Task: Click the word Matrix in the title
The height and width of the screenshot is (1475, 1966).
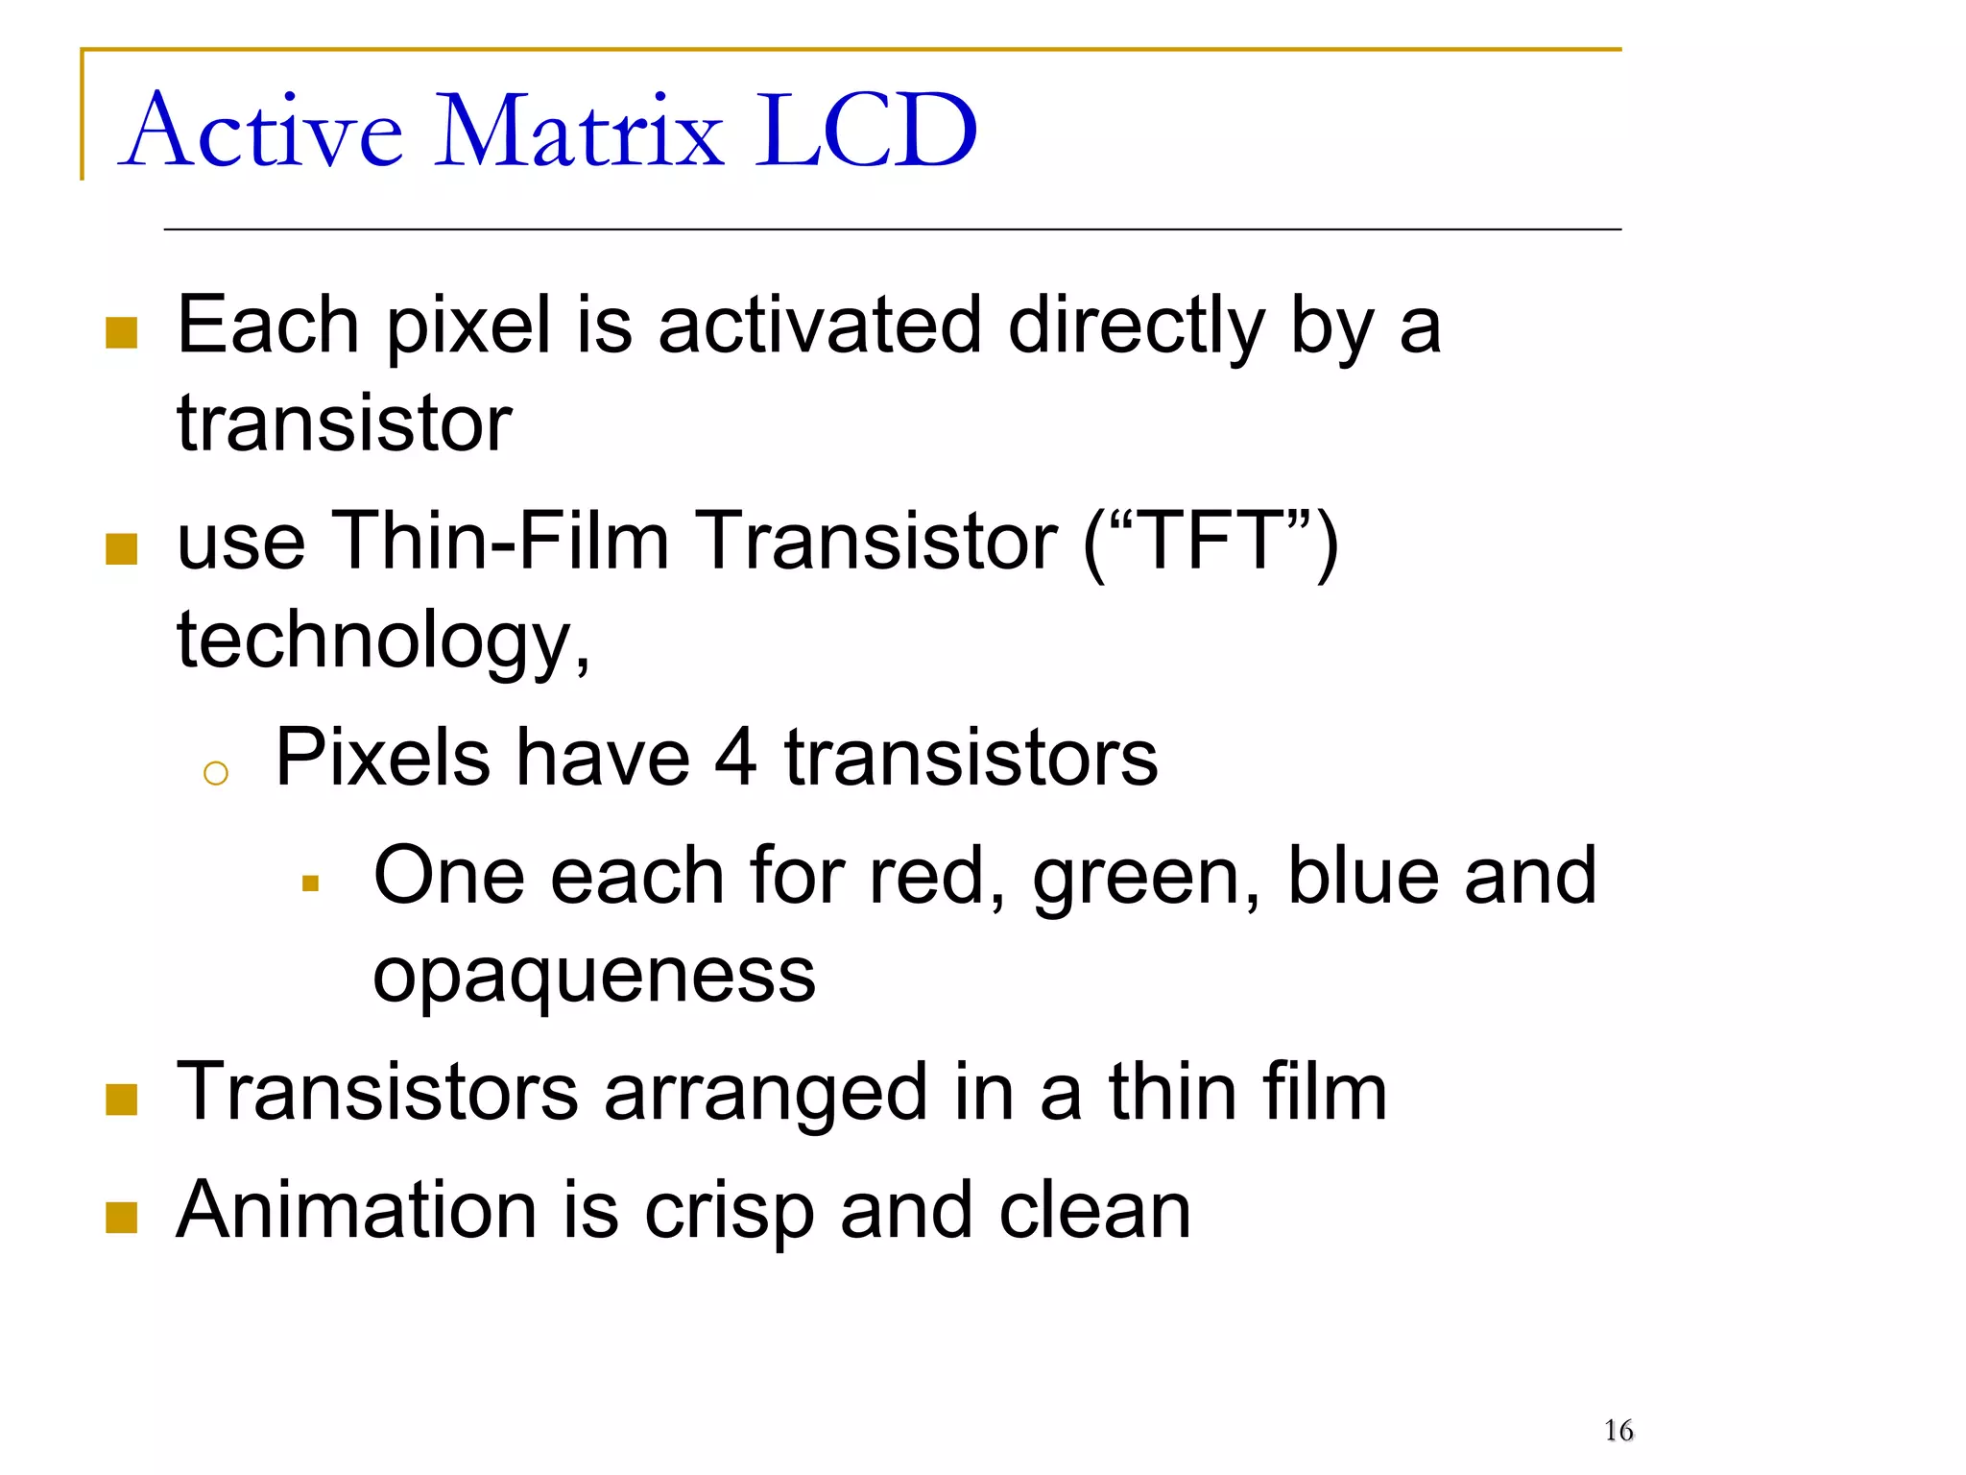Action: point(579,132)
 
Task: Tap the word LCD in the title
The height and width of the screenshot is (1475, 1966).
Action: point(866,132)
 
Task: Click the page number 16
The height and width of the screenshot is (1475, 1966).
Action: point(1618,1431)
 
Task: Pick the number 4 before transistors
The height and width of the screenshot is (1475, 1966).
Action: point(735,759)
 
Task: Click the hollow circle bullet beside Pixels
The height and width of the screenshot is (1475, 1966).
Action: point(216,774)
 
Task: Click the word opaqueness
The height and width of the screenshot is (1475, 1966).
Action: point(594,978)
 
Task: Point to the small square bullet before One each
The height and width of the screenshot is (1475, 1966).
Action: point(310,883)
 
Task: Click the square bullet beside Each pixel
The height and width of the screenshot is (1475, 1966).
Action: point(122,333)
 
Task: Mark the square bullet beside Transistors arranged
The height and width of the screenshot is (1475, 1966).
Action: point(122,1100)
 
